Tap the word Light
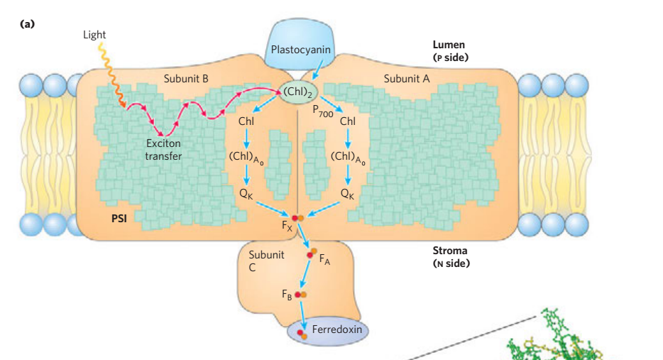[x=94, y=35]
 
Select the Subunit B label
[x=185, y=78]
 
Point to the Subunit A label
[x=407, y=78]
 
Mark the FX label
[x=287, y=227]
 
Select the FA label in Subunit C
[x=324, y=261]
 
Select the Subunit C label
[x=266, y=261]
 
